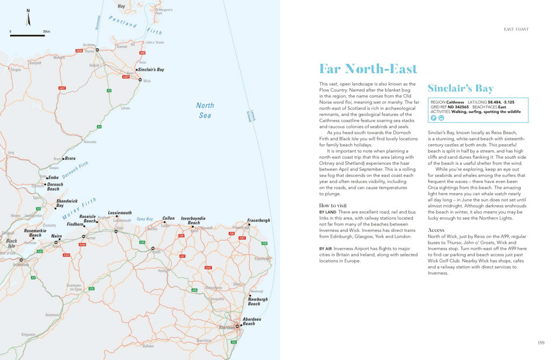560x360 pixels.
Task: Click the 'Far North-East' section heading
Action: pos(368,69)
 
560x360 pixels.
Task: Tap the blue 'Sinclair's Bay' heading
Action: pos(460,89)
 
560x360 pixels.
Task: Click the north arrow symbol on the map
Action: pos(28,18)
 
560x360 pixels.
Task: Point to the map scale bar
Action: pos(27,36)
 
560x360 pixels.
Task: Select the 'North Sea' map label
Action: pos(205,110)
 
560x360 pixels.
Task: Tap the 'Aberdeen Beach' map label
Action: pos(251,321)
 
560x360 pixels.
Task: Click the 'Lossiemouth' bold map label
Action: pos(120,213)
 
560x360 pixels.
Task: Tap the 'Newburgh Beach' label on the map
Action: pos(258,301)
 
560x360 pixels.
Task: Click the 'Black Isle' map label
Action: pos(11,243)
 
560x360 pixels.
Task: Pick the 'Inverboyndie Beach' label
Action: pos(193,221)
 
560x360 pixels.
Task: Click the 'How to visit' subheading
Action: pos(333,206)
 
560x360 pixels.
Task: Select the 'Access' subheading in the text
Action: pos(436,230)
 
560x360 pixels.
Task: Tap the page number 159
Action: pos(541,342)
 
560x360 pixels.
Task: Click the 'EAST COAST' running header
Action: pos(516,29)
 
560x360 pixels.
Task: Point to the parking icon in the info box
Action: pos(432,118)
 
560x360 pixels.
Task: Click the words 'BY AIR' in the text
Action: pos(325,248)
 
